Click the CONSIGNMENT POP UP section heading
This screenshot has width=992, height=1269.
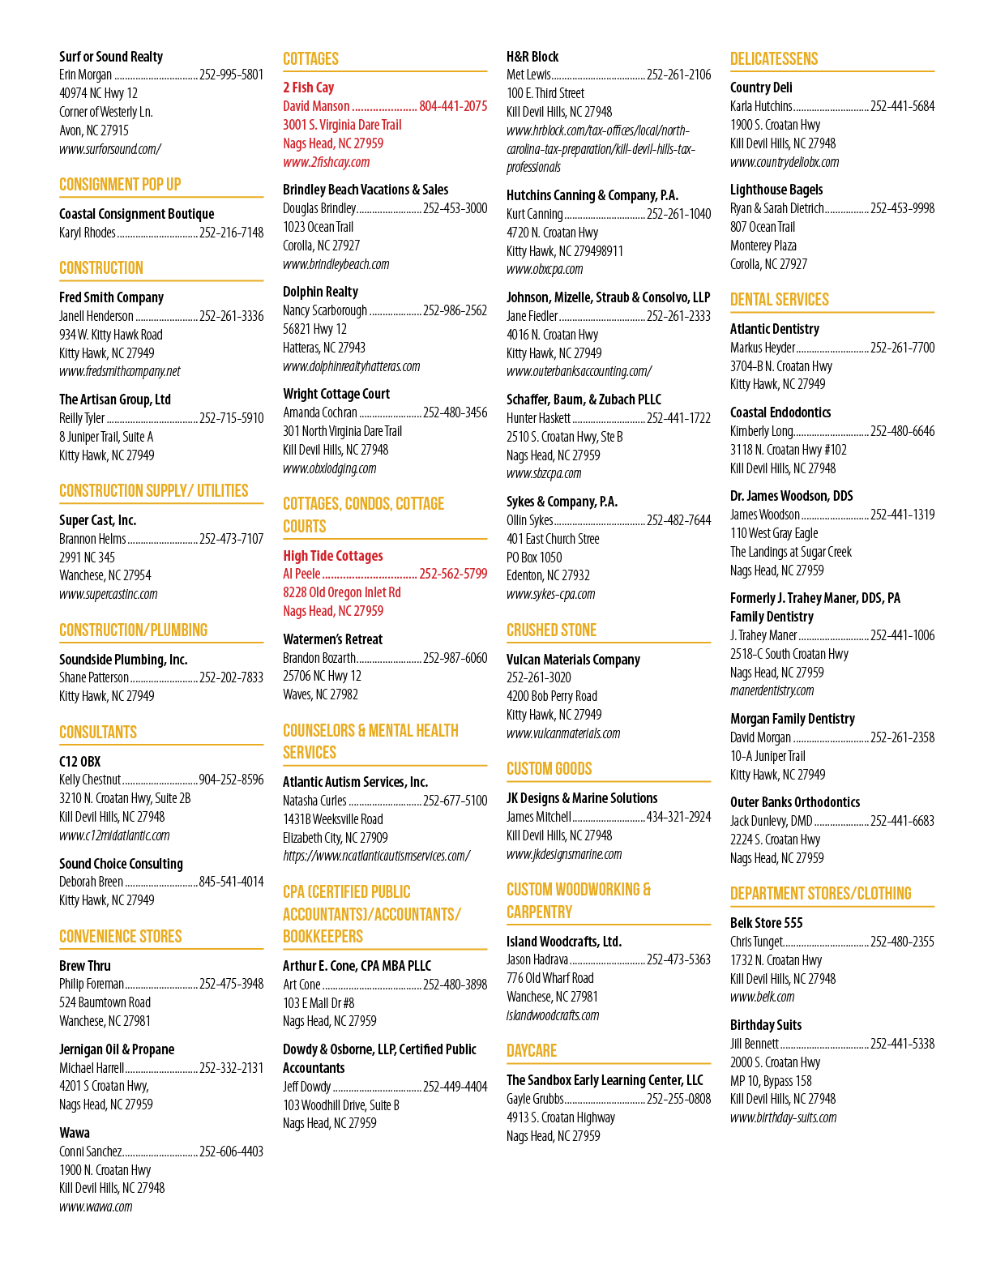point(120,185)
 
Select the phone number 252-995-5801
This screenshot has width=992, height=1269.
point(231,75)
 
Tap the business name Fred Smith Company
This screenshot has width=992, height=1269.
point(111,297)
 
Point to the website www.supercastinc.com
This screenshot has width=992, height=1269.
point(108,595)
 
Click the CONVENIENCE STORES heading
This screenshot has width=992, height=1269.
point(120,936)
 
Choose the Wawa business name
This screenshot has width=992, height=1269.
point(74,1133)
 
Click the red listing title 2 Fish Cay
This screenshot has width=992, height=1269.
point(308,88)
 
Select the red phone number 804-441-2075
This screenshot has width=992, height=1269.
point(453,106)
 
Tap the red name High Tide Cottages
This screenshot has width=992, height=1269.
point(333,556)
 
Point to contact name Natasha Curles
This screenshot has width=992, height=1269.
point(314,801)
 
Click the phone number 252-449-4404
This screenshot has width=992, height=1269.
point(455,1087)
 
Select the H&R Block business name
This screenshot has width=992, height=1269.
point(532,57)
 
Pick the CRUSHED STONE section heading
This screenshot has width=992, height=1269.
point(552,630)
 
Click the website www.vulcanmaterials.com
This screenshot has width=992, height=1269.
point(563,733)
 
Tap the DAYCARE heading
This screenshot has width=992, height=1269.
point(532,1050)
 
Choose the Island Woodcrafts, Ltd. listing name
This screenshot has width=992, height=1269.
point(564,942)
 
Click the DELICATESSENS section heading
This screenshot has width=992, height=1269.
point(774,59)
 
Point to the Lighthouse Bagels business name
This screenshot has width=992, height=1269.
point(776,190)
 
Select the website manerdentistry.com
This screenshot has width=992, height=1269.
point(772,691)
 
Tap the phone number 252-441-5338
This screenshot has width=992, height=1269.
point(903,1044)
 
